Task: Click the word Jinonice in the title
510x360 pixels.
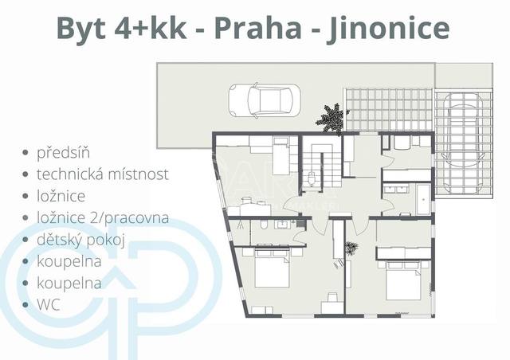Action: [x=388, y=28]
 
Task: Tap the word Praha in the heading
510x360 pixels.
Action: [x=258, y=28]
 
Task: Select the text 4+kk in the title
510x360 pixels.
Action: [x=151, y=28]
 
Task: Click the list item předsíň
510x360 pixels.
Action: [x=63, y=152]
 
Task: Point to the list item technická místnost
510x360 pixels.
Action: [x=103, y=174]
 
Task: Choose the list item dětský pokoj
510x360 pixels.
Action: [x=81, y=240]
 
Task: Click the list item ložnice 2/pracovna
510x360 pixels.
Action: [x=103, y=218]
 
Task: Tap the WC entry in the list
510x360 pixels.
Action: [x=49, y=305]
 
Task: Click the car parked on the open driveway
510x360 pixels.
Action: [x=265, y=100]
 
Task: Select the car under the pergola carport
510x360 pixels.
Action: [x=463, y=143]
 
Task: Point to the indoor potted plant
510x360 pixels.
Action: [x=351, y=248]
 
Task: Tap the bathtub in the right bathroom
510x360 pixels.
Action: [x=423, y=199]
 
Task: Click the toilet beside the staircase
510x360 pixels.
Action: [x=312, y=179]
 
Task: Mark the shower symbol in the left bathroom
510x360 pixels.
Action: [x=240, y=225]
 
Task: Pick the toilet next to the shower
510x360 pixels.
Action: [x=264, y=224]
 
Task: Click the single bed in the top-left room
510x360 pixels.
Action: [x=281, y=156]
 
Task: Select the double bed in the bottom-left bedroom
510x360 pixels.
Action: [x=272, y=268]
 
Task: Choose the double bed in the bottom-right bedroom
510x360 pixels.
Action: [x=403, y=281]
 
